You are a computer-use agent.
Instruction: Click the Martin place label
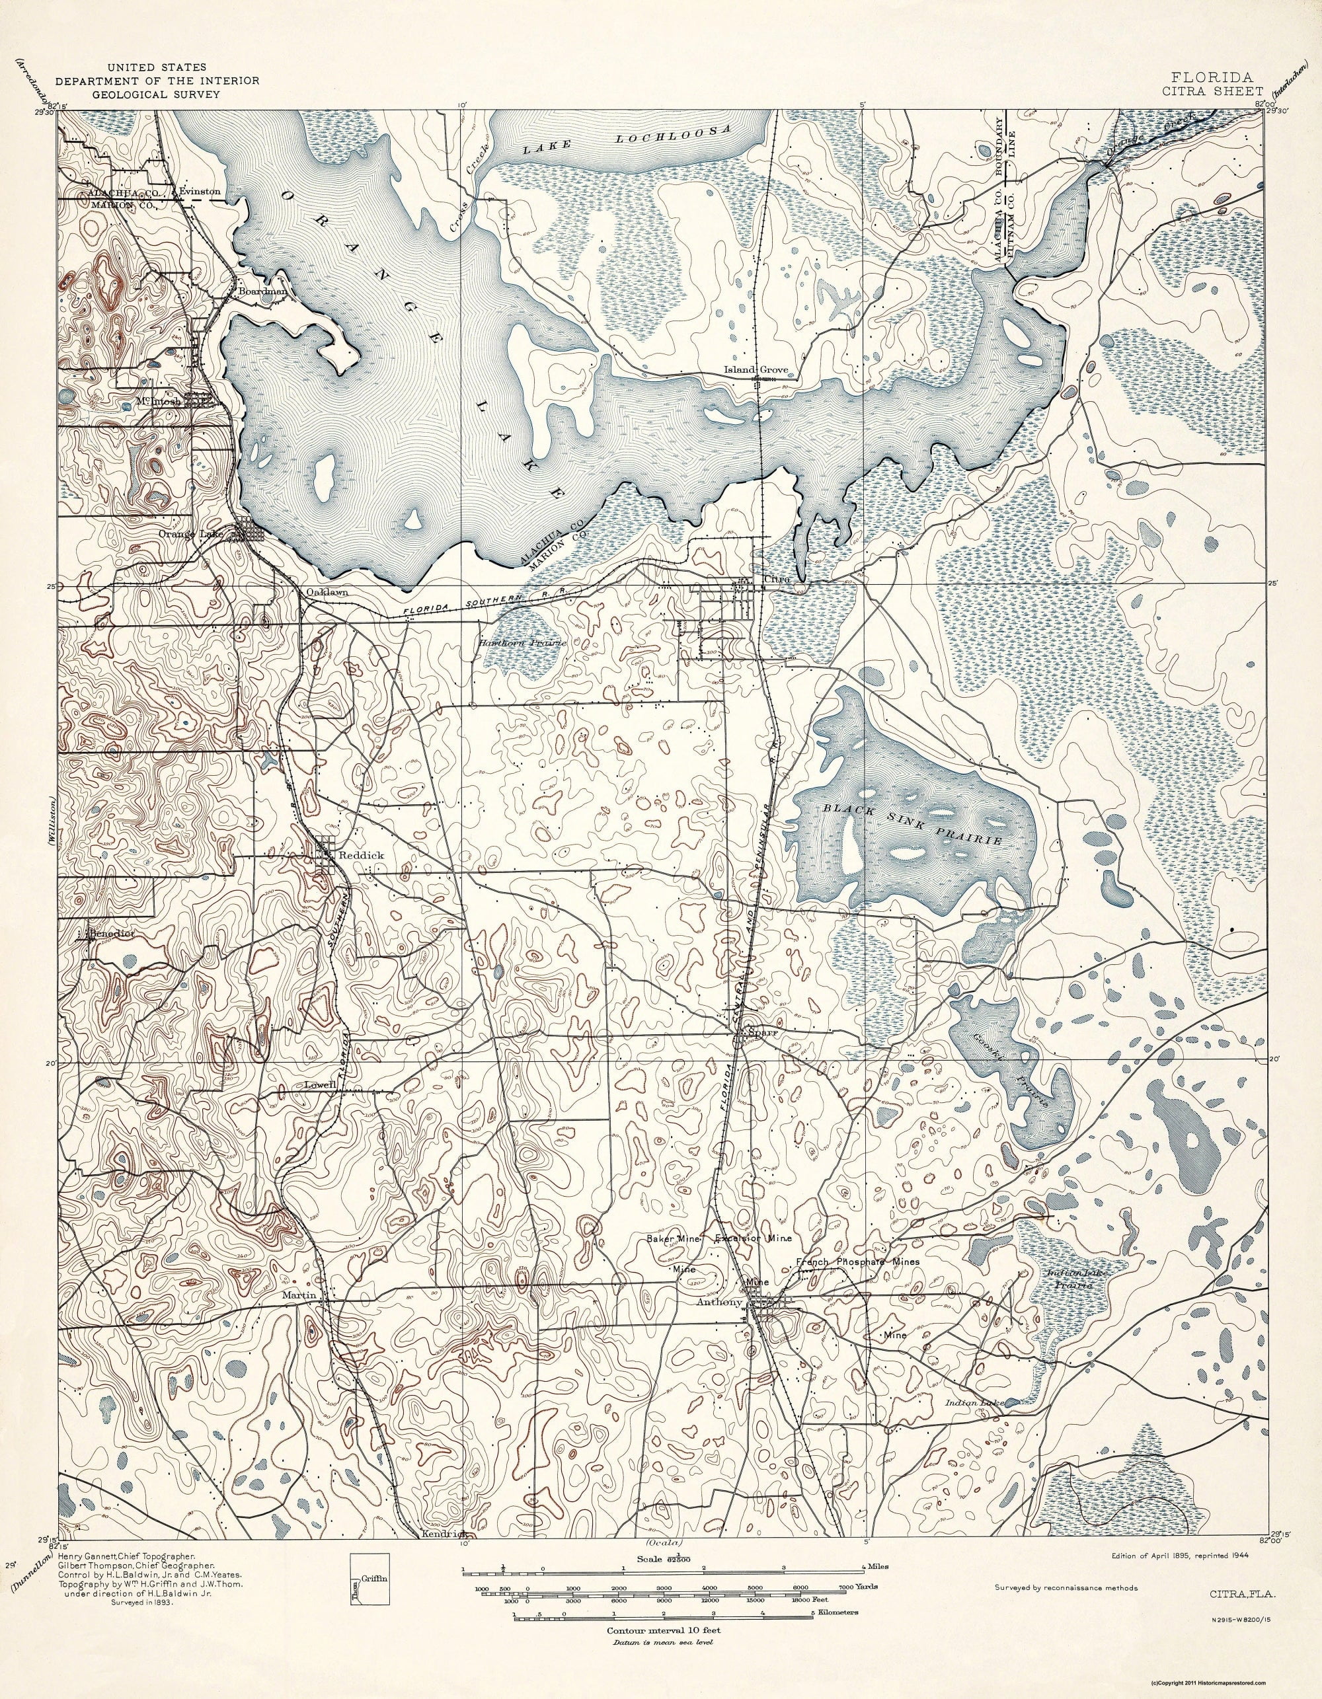pos(299,1295)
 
